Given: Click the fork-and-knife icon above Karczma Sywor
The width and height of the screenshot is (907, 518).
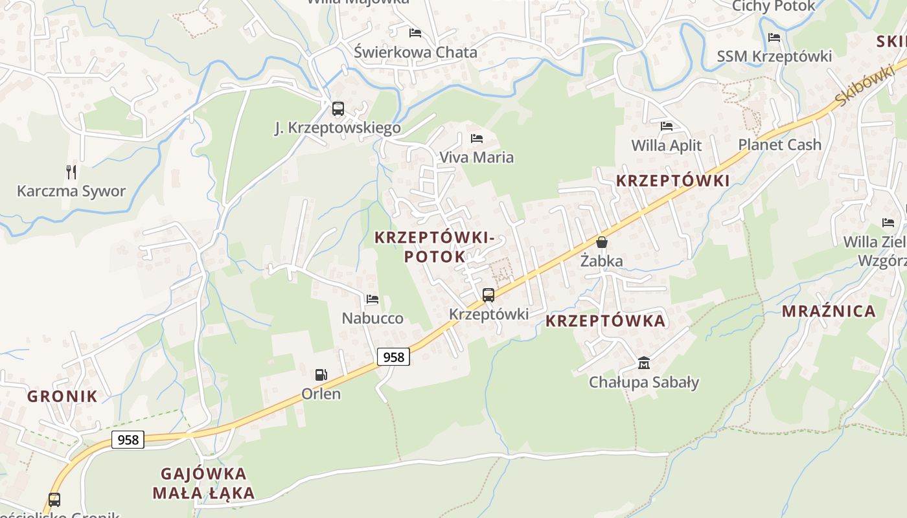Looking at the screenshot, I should tap(71, 172).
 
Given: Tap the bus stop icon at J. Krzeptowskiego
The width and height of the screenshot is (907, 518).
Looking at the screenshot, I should tap(338, 108).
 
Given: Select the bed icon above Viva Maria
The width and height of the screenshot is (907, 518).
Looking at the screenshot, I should tap(477, 138).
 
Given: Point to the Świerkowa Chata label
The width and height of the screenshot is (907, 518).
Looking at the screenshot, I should tap(415, 52).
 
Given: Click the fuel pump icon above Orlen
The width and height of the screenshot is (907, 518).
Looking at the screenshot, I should tap(321, 374).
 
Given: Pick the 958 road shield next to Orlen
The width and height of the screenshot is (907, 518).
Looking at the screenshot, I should tap(393, 357).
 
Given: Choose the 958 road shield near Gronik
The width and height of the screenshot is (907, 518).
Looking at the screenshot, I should tap(128, 440).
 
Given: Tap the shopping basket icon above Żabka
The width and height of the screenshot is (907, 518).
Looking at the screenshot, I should tap(602, 242).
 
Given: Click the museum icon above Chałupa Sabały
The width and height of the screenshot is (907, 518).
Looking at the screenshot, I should tap(643, 363).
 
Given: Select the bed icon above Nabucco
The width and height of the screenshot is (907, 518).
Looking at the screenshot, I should tap(372, 299).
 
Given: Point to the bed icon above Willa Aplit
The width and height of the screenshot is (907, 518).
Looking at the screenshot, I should tap(666, 126).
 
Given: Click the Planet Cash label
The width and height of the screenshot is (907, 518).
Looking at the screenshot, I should tap(779, 144).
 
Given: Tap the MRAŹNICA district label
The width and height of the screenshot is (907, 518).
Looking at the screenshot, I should tap(829, 311).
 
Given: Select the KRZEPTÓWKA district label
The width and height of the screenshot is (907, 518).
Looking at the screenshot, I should tap(605, 321).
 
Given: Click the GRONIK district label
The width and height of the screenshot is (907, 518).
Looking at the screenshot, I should tap(62, 396).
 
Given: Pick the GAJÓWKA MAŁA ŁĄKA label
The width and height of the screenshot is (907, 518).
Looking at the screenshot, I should tap(203, 483).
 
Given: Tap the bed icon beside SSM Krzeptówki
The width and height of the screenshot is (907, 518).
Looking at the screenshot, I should tap(774, 38).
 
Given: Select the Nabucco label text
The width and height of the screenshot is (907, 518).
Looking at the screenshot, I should tap(373, 318).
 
